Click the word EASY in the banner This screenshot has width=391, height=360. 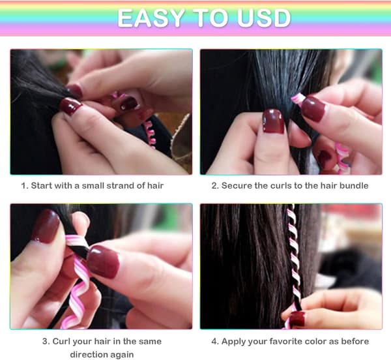(151, 18)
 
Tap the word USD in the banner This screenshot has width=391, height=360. (264, 18)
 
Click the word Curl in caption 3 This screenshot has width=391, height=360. (61, 341)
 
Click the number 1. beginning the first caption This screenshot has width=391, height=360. (25, 186)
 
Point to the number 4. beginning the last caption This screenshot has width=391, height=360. (215, 341)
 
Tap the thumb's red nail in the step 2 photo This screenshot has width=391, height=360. (274, 121)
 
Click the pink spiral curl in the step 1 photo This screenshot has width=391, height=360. (150, 135)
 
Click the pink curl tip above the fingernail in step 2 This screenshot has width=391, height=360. (298, 98)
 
